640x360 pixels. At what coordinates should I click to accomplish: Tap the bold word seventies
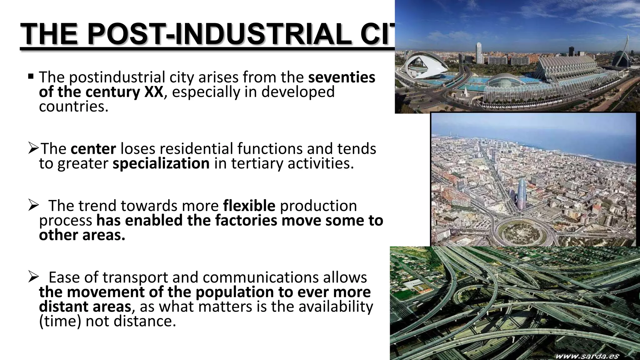(x=342, y=77)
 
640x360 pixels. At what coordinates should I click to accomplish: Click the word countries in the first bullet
(x=73, y=107)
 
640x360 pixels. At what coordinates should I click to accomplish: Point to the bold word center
(x=93, y=149)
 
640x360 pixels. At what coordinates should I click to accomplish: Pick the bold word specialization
(x=161, y=163)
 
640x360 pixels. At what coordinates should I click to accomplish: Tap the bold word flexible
(x=249, y=206)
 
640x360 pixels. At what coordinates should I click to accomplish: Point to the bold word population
(x=235, y=292)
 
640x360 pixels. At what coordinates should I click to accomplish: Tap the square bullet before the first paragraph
(x=31, y=76)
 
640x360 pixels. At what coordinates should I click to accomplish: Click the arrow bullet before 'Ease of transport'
(x=33, y=277)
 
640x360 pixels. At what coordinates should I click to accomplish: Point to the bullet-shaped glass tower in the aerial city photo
(x=522, y=194)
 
